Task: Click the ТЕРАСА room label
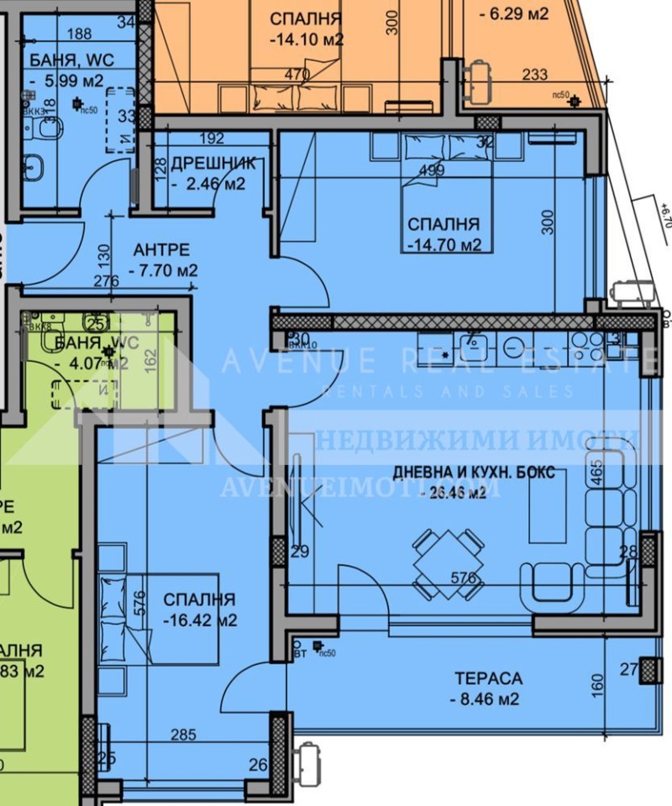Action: click(488, 678)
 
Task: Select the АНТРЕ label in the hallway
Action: click(161, 250)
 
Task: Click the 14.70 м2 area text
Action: click(445, 245)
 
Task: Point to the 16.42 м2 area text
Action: click(199, 621)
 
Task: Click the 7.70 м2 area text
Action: click(165, 270)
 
